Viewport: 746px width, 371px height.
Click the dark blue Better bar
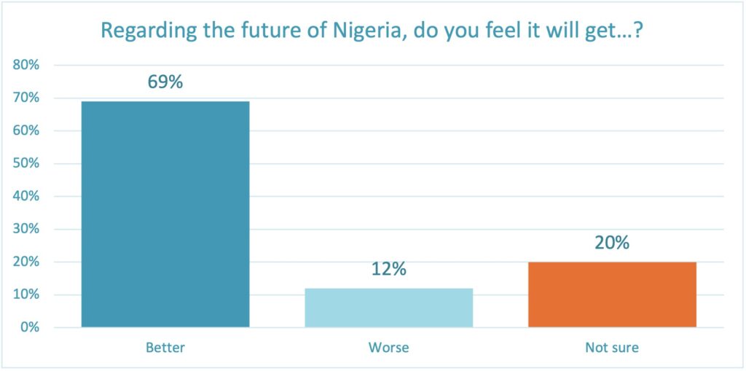point(165,214)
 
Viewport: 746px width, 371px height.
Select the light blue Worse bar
point(388,308)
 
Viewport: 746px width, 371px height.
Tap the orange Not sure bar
point(612,294)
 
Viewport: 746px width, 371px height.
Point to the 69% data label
point(165,82)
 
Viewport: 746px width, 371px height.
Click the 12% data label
point(388,269)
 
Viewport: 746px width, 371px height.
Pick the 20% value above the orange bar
point(612,243)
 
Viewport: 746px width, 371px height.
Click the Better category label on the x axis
point(165,348)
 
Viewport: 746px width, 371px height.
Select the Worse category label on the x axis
point(388,348)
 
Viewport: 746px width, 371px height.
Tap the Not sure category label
point(612,348)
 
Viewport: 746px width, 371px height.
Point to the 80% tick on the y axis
point(26,66)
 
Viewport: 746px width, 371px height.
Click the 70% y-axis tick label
point(26,98)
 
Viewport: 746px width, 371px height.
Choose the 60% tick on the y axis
point(26,131)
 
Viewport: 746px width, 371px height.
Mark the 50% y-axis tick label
point(26,164)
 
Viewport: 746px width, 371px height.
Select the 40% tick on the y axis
point(26,197)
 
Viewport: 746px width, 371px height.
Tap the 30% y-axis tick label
point(26,229)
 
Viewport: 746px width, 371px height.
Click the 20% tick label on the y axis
point(26,262)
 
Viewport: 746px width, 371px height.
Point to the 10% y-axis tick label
point(26,294)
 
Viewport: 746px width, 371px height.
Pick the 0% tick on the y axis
point(29,327)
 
